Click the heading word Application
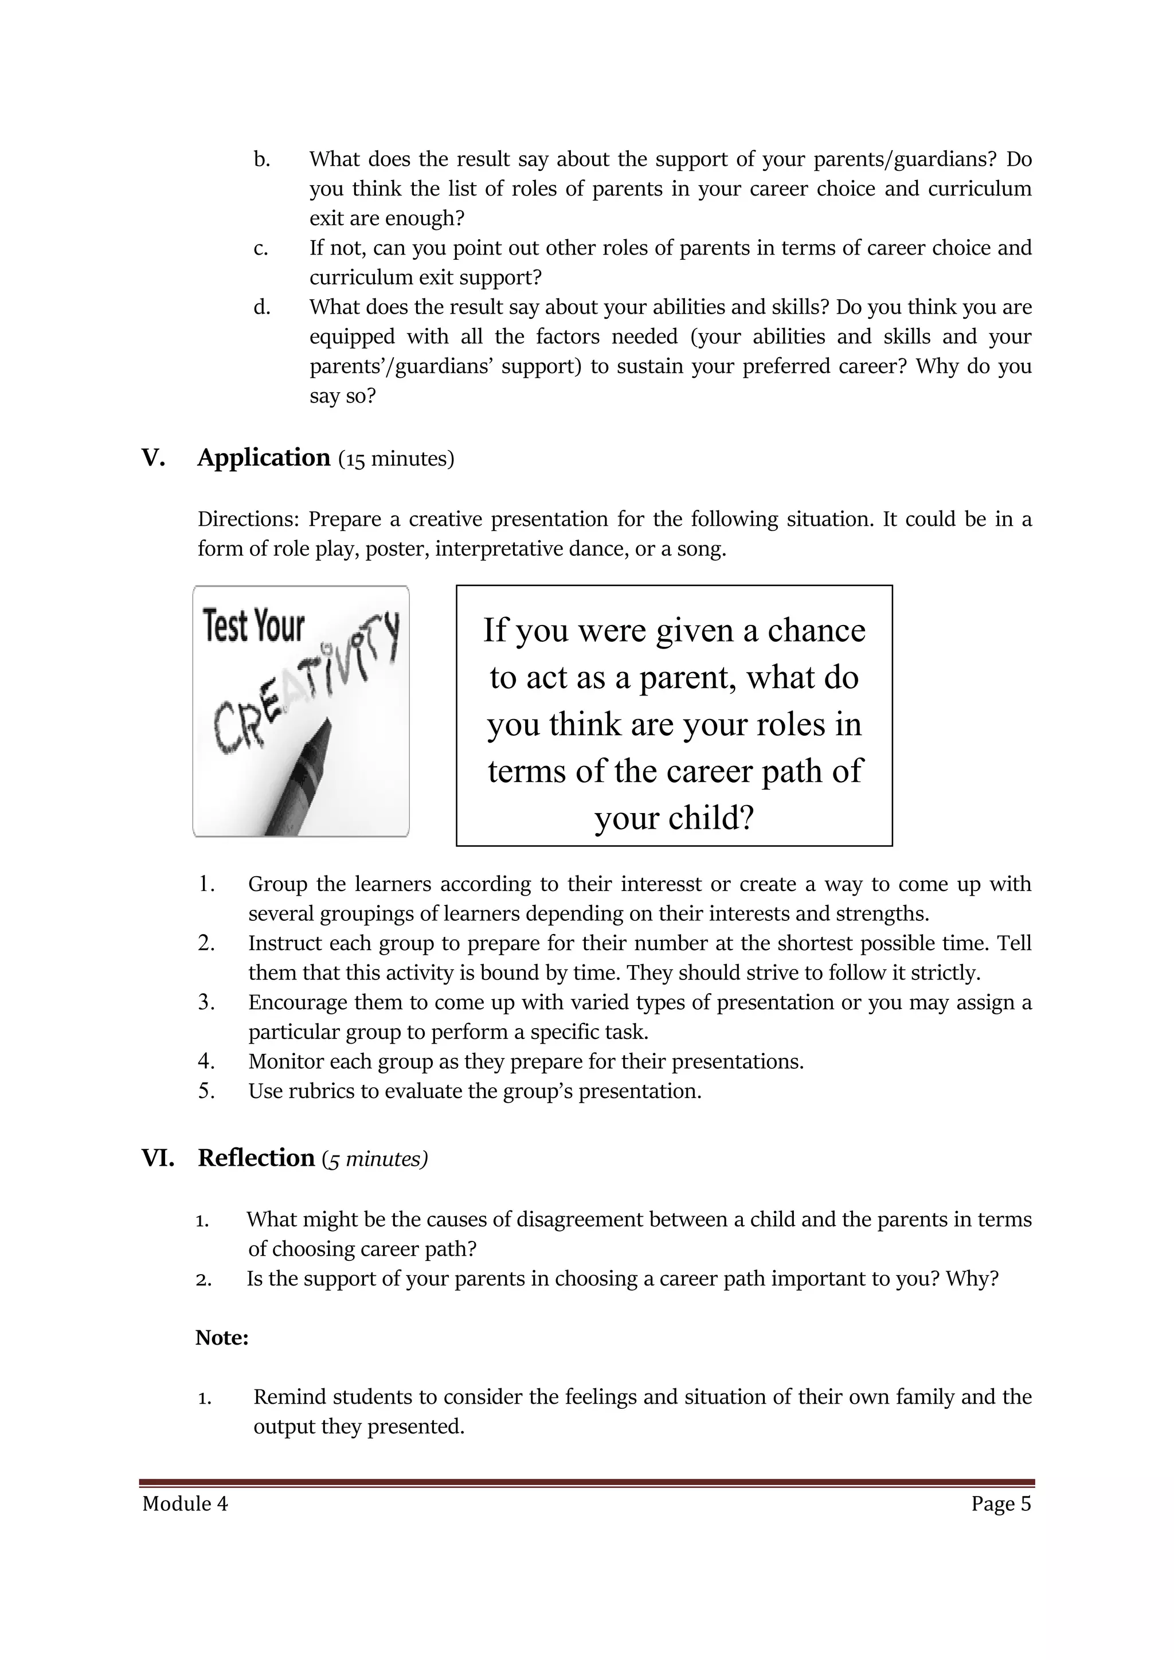[x=264, y=458]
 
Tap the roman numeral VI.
[x=158, y=1158]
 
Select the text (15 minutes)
[x=396, y=460]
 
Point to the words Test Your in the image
[x=254, y=626]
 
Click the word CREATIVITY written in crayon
[x=304, y=683]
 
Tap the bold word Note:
[x=222, y=1338]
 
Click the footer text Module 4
[x=185, y=1504]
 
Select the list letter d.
[x=262, y=307]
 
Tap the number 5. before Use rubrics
[x=207, y=1091]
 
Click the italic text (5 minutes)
[x=375, y=1159]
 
